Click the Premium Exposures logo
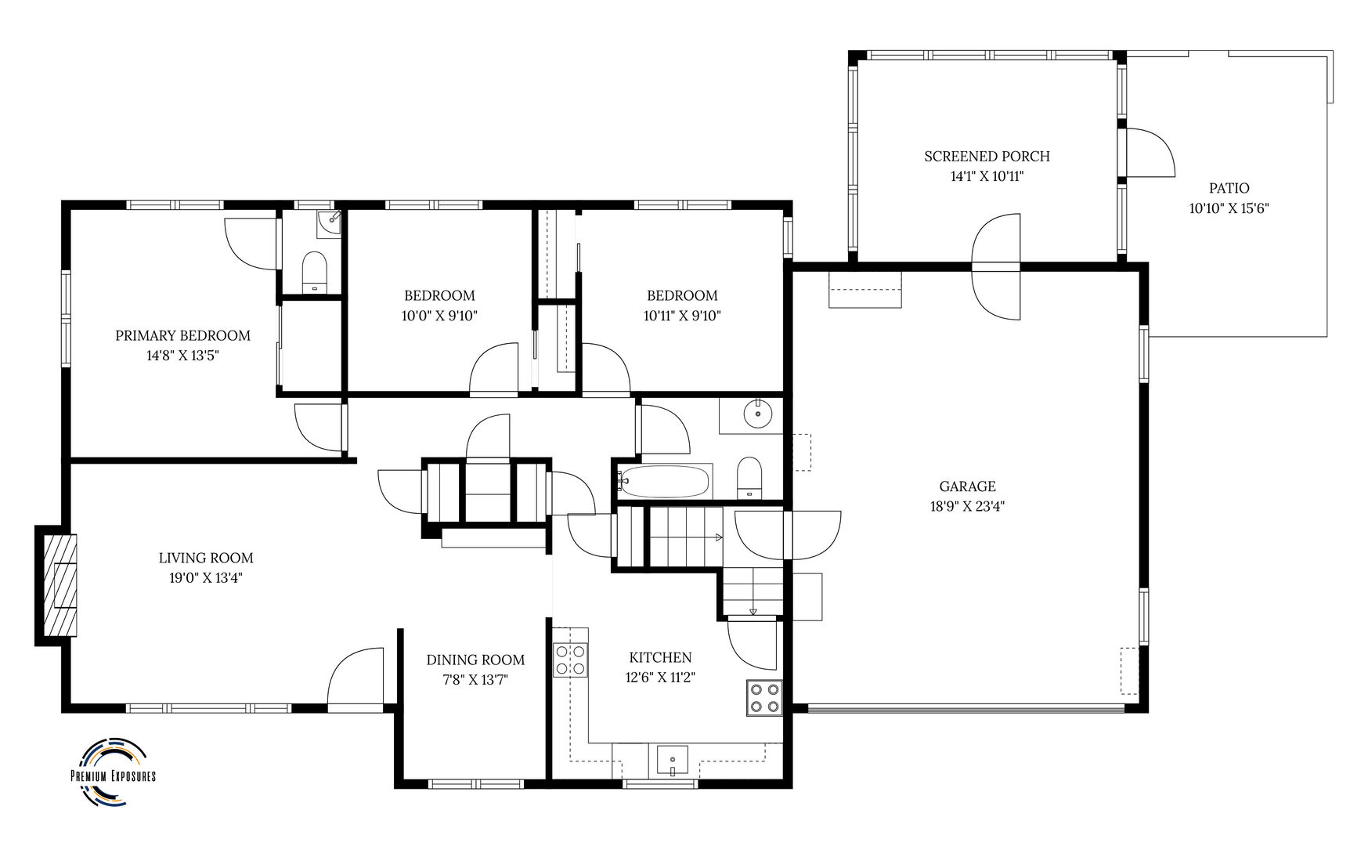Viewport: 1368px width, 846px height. pos(113,772)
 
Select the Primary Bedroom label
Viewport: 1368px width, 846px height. pos(182,335)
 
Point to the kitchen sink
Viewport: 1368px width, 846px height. pos(672,760)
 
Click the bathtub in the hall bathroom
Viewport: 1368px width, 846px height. pos(663,481)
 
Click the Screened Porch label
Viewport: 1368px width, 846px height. pos(987,156)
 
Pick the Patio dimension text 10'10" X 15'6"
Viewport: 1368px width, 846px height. pos(1228,208)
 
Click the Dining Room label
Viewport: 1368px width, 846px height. pos(475,660)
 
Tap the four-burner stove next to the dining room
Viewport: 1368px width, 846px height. pos(570,659)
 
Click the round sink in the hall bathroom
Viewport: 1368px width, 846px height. pos(757,413)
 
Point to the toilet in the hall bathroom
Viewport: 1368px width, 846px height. pos(749,477)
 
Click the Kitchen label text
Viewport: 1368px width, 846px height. pos(660,657)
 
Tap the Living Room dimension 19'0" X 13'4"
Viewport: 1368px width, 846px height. pos(206,578)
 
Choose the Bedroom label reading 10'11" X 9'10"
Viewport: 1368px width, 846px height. pos(681,316)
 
